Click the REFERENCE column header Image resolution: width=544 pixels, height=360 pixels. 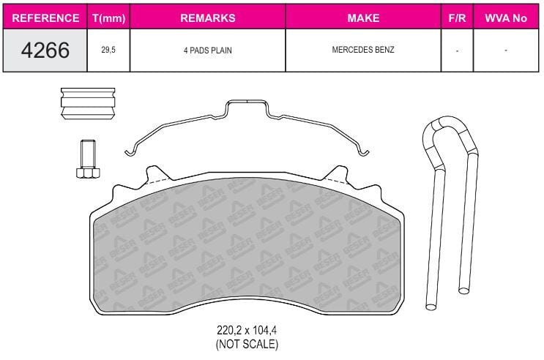pos(45,18)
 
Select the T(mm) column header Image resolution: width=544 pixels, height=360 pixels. pos(108,18)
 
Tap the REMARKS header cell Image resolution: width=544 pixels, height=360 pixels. pos(208,18)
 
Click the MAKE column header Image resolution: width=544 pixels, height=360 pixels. pos(363,18)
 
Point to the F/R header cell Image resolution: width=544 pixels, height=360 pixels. pos(457,18)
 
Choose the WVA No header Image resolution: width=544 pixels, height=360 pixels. pos(506,18)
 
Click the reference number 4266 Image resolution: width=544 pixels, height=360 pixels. pos(45,50)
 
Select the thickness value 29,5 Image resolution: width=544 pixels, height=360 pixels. pos(108,50)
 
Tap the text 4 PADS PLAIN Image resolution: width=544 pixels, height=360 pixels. pos(208,50)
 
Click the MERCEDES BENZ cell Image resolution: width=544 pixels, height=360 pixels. pos(363,50)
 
